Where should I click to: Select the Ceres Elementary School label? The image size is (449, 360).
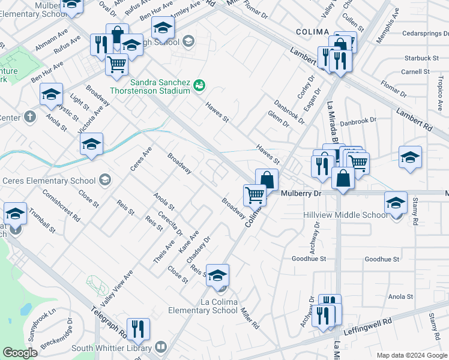coord(49,181)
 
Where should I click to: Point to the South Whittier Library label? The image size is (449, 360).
coord(113,347)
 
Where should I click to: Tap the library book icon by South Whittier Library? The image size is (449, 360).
coord(160,347)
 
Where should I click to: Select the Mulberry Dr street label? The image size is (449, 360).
coord(301,193)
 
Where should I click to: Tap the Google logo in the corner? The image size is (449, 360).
coord(20,353)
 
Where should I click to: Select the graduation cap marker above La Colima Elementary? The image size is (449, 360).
coord(218,275)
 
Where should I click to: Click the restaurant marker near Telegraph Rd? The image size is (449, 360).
coord(138,329)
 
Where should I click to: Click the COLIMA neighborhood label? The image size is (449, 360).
coord(312,32)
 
